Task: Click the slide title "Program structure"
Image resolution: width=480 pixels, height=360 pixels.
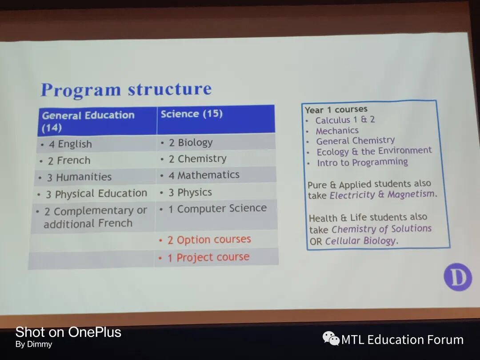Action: (x=126, y=89)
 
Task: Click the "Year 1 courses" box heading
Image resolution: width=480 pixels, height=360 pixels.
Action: (x=336, y=109)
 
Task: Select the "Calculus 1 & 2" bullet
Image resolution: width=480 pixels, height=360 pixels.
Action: (x=345, y=120)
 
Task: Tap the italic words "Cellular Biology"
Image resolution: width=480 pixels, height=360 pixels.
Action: (x=360, y=241)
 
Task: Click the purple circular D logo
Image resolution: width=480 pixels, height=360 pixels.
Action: (x=458, y=277)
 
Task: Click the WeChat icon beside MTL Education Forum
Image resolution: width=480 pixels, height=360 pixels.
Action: (x=331, y=339)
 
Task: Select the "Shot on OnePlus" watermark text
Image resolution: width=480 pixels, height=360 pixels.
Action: (x=68, y=332)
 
